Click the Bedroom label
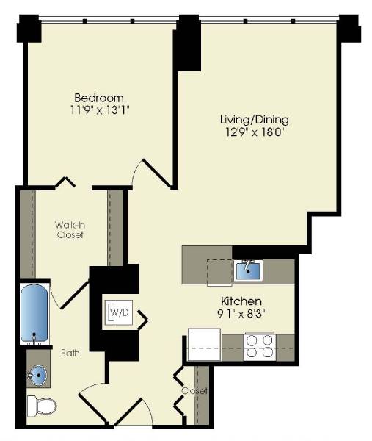98,98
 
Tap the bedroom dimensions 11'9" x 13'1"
98,111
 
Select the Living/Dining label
255,119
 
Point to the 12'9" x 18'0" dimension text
255,132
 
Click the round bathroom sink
35,376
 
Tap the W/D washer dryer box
117,312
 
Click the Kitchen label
241,301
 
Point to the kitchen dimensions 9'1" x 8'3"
241,314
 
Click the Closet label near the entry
195,391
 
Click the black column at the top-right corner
349,29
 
